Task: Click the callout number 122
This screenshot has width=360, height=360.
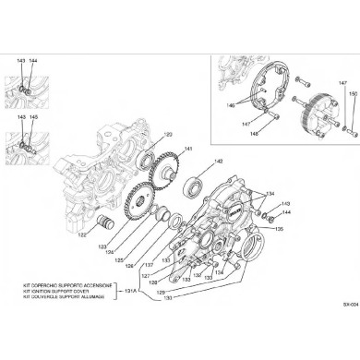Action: (x=82, y=234)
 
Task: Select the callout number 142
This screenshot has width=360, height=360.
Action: (x=219, y=162)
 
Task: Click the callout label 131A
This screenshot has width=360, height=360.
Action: (x=131, y=292)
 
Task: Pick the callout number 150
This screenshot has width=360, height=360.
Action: (x=352, y=94)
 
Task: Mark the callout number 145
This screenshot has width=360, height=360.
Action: (x=33, y=117)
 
